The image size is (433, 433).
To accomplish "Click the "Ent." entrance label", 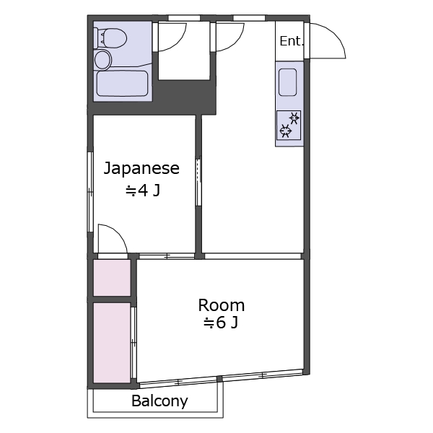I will (292, 41).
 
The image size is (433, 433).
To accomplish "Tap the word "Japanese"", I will (141, 169).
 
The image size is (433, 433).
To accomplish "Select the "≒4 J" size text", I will (142, 192).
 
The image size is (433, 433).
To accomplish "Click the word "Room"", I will (222, 305).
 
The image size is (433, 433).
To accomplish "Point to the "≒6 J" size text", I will (220, 323).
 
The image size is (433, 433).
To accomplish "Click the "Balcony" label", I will (159, 401).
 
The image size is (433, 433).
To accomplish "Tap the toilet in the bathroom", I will (111, 37).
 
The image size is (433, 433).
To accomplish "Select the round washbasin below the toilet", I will (104, 59).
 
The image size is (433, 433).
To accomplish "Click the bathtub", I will (123, 84).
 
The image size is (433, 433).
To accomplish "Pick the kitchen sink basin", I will (287, 82).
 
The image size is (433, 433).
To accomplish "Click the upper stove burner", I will (294, 118).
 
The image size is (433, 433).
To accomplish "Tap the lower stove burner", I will (287, 131).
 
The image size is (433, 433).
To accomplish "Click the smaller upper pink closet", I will (112, 278).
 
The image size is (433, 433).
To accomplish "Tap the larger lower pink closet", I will (112, 341).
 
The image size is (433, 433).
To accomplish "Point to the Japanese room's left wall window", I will (90, 191).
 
